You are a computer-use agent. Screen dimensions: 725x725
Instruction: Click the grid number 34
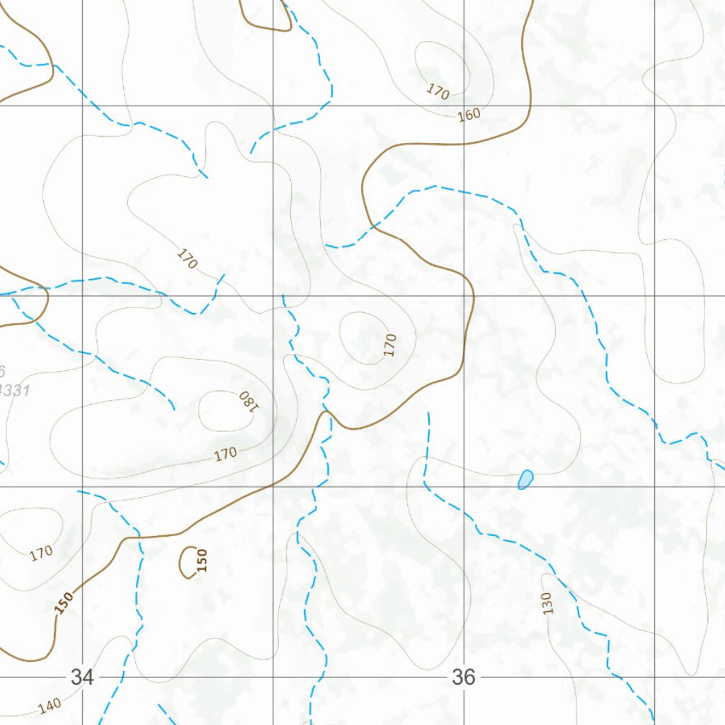(81, 677)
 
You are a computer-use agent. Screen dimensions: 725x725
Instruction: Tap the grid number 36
(463, 677)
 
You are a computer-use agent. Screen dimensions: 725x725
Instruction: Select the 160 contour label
(469, 115)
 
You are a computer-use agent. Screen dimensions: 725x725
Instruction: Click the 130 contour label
(547, 603)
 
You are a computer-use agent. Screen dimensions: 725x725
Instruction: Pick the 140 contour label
(49, 705)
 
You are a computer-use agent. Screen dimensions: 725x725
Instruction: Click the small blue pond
(525, 479)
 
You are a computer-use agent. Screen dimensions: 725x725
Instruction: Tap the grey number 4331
(14, 389)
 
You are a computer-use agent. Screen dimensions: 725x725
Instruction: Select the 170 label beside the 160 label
(438, 91)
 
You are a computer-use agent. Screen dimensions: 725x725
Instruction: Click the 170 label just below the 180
(225, 454)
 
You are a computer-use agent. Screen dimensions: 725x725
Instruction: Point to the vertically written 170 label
(389, 345)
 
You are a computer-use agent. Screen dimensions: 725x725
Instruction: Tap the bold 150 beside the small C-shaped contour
(202, 559)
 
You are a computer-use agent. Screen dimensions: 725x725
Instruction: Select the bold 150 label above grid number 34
(64, 603)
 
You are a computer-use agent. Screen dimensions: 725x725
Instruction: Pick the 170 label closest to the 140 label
(41, 553)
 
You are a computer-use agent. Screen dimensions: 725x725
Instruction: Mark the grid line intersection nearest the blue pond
(464, 486)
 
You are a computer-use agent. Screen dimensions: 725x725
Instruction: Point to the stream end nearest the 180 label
(174, 409)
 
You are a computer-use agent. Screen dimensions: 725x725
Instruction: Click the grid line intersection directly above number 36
(464, 486)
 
